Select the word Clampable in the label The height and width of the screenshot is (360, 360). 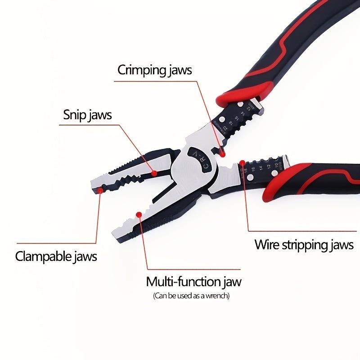tap(43, 256)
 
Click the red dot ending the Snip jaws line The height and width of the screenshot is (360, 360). tap(154, 173)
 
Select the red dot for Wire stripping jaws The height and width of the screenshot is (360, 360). tap(242, 162)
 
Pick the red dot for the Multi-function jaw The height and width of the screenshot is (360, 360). tap(139, 215)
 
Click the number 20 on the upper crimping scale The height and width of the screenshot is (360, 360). tap(224, 129)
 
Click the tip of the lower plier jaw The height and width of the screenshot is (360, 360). tap(116, 237)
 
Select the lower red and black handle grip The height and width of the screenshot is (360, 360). tap(315, 180)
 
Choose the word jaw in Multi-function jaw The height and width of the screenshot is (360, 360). tap(232, 282)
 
